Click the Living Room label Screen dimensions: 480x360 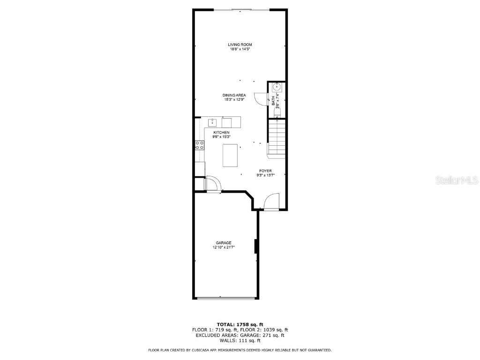click(x=240, y=45)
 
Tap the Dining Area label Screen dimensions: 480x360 click(x=234, y=95)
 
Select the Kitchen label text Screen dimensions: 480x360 click(x=221, y=133)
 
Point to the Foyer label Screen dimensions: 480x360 click(x=265, y=171)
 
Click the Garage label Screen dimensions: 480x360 click(x=224, y=243)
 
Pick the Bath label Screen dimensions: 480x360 click(x=273, y=101)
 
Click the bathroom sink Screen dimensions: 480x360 click(x=277, y=87)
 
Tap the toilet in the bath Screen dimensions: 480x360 click(x=277, y=112)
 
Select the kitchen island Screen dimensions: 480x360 click(x=230, y=156)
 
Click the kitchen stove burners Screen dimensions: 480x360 click(x=200, y=145)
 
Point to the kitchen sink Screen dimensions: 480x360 click(x=212, y=123)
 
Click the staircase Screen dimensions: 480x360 click(x=277, y=137)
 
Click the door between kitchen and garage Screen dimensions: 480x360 click(x=213, y=183)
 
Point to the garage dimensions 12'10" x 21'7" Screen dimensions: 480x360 click(x=224, y=247)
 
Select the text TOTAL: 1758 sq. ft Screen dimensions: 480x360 click(x=240, y=324)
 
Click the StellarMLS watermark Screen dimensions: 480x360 click(x=457, y=180)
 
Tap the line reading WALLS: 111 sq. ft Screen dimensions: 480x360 click(x=240, y=340)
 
